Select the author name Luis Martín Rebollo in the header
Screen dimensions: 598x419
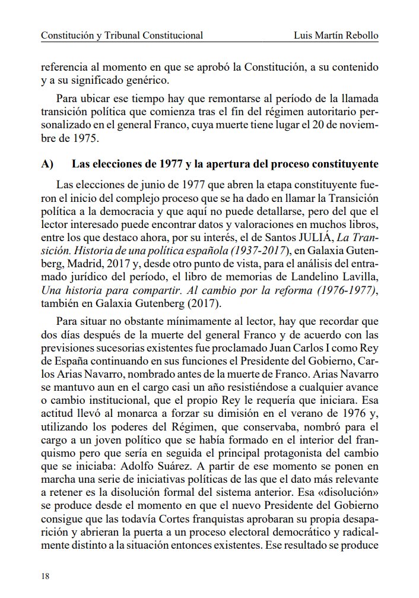[336, 36]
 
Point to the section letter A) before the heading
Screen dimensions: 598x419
[46, 163]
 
